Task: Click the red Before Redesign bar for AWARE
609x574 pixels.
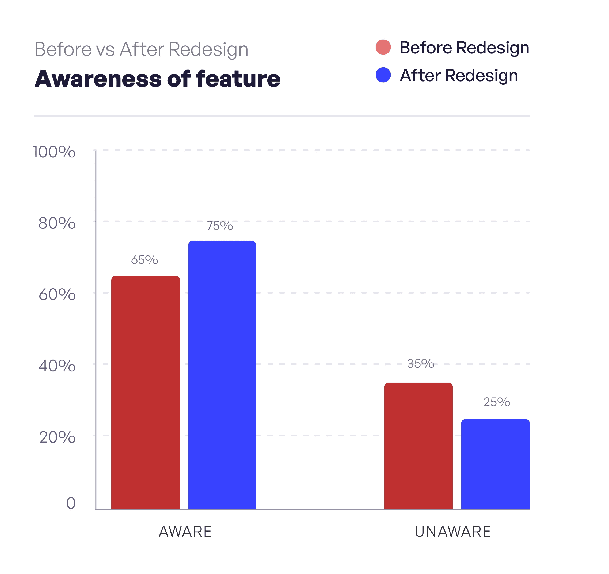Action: point(146,393)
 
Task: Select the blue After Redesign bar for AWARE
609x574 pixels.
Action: point(222,375)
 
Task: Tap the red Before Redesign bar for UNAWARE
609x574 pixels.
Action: point(418,446)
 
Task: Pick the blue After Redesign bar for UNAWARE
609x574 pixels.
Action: point(495,464)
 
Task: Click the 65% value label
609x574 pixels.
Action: point(144,260)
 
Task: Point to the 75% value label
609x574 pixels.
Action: point(220,226)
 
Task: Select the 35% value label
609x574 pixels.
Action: point(421,363)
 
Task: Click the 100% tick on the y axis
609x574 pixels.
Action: point(54,152)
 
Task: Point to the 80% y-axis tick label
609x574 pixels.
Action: point(57,223)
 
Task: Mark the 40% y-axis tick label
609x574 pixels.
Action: point(57,366)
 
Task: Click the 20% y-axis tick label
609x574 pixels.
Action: point(57,437)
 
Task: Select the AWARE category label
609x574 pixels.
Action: point(185,532)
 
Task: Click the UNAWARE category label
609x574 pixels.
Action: point(452,532)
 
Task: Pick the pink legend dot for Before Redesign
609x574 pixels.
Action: point(383,47)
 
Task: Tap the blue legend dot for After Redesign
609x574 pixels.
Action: point(383,75)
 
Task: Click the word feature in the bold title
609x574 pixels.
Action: point(238,79)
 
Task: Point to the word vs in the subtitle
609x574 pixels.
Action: point(105,49)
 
